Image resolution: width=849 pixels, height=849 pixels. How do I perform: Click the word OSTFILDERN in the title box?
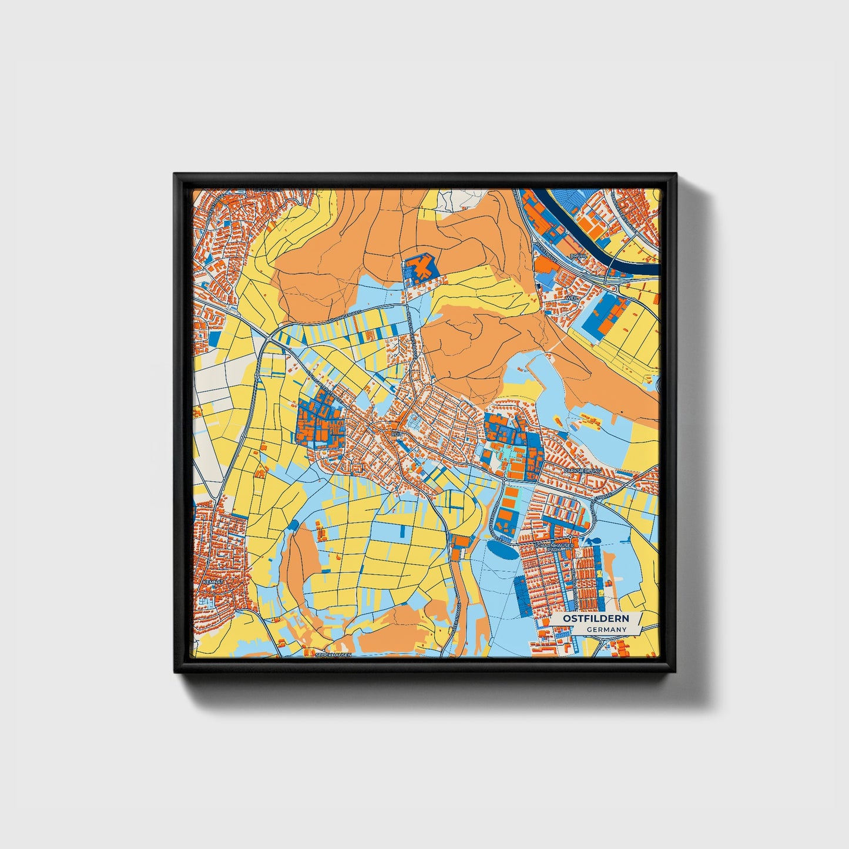tap(595, 619)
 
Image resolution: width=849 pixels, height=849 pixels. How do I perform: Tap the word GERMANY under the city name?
tap(606, 630)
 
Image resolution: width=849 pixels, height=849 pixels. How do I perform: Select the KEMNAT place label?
tap(211, 582)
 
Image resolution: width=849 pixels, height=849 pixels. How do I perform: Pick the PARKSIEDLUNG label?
tap(582, 471)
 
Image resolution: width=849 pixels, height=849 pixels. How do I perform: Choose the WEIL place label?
tap(571, 298)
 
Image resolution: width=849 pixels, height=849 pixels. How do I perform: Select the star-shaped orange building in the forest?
tap(421, 268)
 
